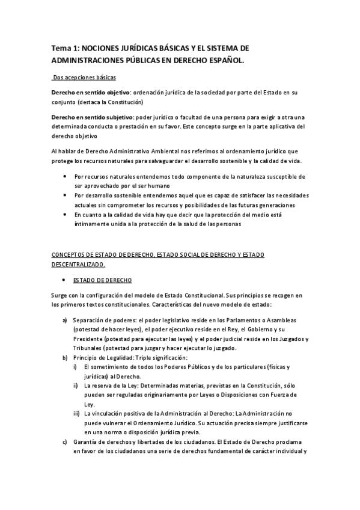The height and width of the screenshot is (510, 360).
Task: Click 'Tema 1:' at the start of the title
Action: point(64,48)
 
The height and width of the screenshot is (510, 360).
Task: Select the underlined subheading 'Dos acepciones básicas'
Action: point(84,78)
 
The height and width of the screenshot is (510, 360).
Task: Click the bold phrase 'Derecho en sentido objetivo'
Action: point(91,93)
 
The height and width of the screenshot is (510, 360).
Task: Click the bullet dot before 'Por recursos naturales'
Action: point(65,177)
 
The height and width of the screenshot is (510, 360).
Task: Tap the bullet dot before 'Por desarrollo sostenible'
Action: point(65,195)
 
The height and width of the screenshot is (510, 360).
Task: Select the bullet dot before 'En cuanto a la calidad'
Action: point(65,214)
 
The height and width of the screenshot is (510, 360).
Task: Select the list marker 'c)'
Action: point(65,442)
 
